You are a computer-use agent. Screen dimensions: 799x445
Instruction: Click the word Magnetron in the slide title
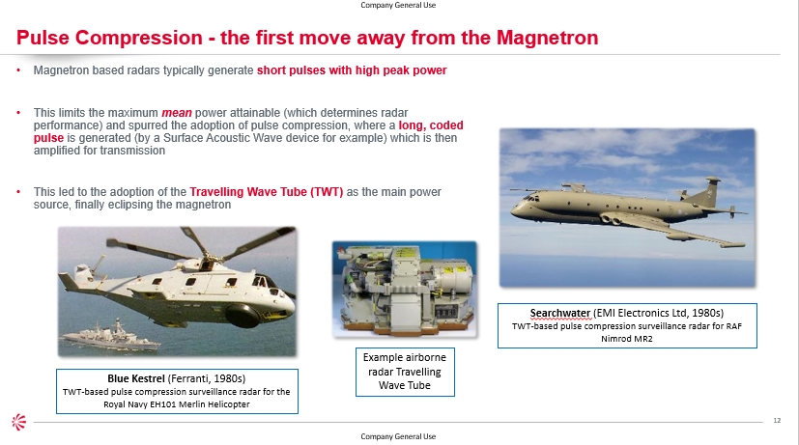click(x=547, y=38)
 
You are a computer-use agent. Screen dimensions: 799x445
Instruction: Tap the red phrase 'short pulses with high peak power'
click(x=352, y=70)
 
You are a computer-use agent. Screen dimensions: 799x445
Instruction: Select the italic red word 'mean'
click(x=177, y=113)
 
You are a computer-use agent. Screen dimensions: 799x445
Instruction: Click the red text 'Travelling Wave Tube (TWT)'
click(x=267, y=192)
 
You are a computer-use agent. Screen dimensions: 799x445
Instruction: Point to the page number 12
click(x=777, y=420)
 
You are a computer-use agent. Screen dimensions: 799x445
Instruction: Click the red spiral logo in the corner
click(x=19, y=422)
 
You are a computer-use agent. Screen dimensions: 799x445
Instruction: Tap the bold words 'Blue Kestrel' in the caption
click(x=136, y=378)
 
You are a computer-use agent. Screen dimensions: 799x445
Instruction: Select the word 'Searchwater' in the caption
click(x=560, y=313)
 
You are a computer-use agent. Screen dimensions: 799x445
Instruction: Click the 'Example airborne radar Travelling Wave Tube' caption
click(x=405, y=372)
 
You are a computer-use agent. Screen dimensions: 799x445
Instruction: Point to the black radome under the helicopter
click(x=243, y=316)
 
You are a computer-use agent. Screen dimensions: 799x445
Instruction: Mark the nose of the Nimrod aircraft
click(x=516, y=209)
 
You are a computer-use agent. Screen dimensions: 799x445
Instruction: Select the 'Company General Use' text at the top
click(x=398, y=5)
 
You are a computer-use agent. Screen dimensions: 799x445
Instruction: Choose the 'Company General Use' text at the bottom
click(x=398, y=436)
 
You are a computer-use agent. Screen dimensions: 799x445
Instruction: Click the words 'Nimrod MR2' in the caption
click(x=627, y=339)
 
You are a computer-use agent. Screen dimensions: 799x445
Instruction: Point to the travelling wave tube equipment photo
click(x=405, y=289)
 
